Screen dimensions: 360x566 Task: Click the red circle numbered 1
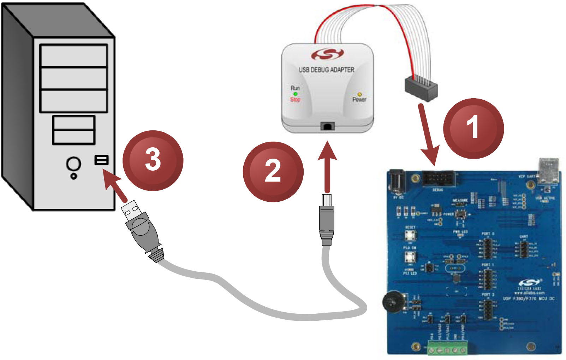click(x=473, y=128)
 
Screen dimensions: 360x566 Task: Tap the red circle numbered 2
click(x=273, y=171)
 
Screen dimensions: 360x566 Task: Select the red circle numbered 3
click(x=153, y=160)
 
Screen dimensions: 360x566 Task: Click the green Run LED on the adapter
click(x=295, y=94)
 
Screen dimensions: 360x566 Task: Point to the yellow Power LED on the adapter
click(x=359, y=94)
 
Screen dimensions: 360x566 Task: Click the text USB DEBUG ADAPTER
click(x=326, y=70)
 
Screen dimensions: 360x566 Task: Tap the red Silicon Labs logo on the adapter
click(x=327, y=54)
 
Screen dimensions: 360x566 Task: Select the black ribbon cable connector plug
click(x=421, y=90)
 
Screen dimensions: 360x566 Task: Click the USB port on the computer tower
click(x=101, y=160)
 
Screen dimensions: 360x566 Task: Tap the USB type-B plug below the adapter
click(x=326, y=219)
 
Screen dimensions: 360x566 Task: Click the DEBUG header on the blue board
click(x=438, y=178)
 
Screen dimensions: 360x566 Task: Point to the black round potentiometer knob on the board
click(x=393, y=302)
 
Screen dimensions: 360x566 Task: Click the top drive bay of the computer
click(x=73, y=56)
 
